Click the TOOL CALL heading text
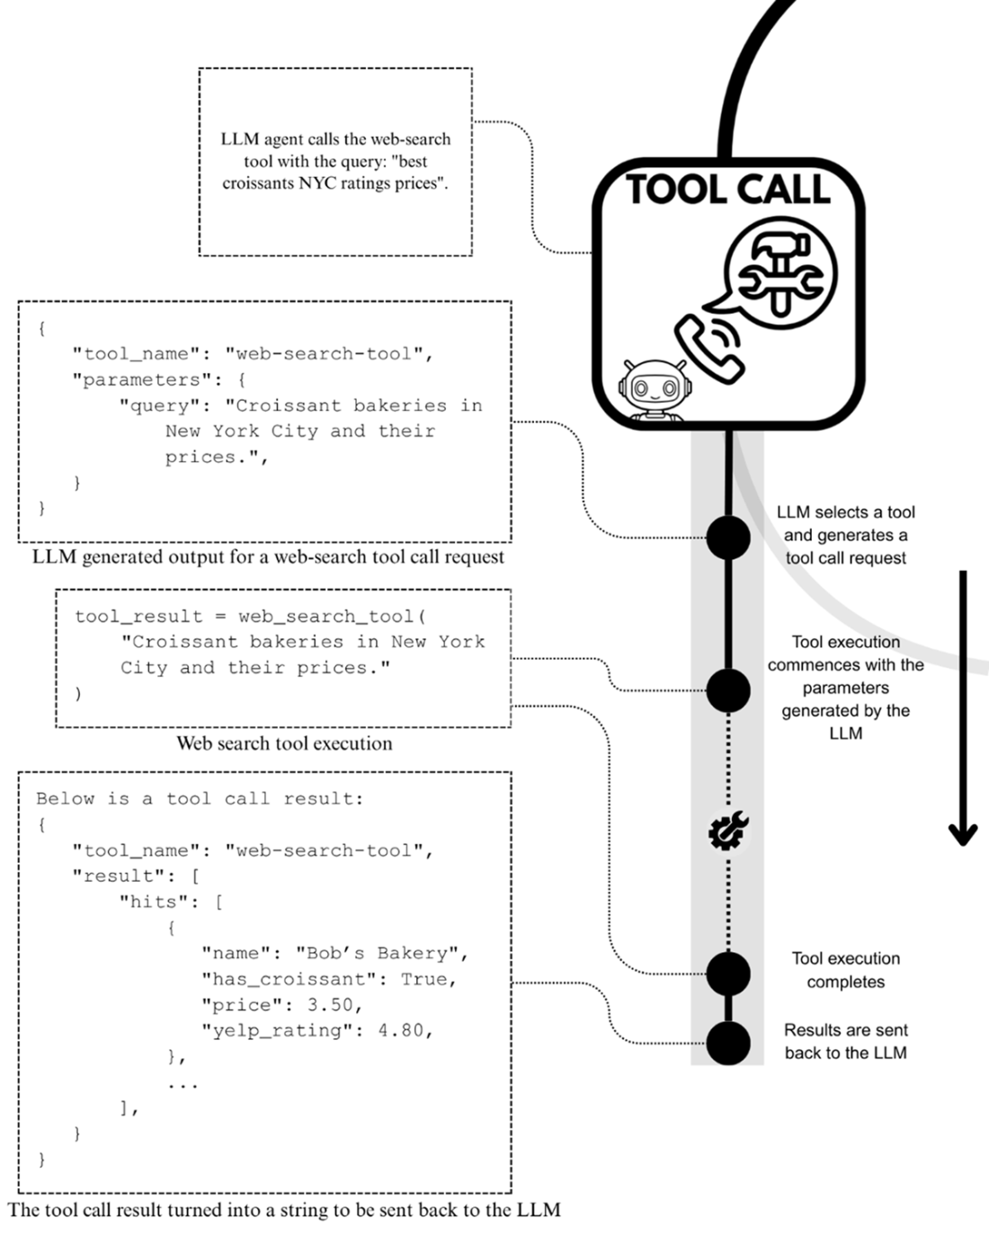728,190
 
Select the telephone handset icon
710,348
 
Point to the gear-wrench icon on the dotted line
728,831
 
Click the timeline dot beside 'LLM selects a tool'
728,538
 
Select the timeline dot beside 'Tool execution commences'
728,690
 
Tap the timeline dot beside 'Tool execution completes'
728,973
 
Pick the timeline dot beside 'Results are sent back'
728,1044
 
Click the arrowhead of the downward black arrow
963,834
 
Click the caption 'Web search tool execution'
284,743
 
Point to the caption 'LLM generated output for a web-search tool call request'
268,557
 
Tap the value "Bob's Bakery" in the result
382,953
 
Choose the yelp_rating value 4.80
405,1030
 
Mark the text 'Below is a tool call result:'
200,798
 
